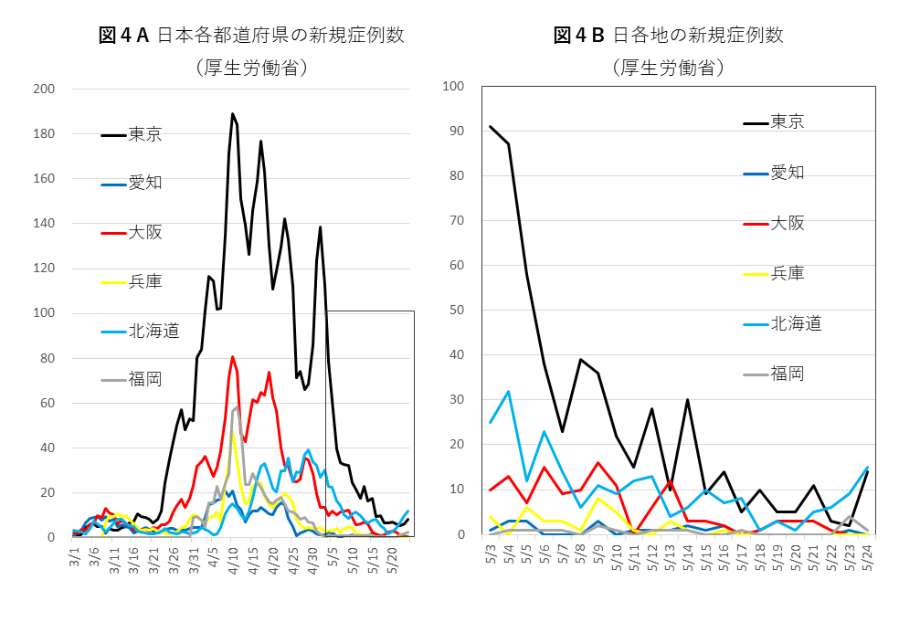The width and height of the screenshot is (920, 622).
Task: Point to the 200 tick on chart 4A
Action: click(x=44, y=90)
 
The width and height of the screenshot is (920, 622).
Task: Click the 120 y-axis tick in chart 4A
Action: click(x=44, y=269)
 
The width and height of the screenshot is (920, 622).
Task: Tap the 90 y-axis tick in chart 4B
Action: click(x=457, y=132)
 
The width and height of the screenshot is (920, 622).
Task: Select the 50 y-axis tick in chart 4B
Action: click(x=457, y=311)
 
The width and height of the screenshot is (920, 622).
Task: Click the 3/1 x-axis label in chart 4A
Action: click(x=75, y=556)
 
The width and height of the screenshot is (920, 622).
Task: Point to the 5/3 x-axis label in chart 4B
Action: click(x=491, y=553)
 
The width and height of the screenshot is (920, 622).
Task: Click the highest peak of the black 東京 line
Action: click(x=233, y=114)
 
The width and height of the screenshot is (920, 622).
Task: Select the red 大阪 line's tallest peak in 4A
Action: click(x=233, y=356)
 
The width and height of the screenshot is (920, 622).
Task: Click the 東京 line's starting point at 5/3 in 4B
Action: click(x=491, y=127)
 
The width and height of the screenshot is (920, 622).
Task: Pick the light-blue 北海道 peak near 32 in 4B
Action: click(x=508, y=392)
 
